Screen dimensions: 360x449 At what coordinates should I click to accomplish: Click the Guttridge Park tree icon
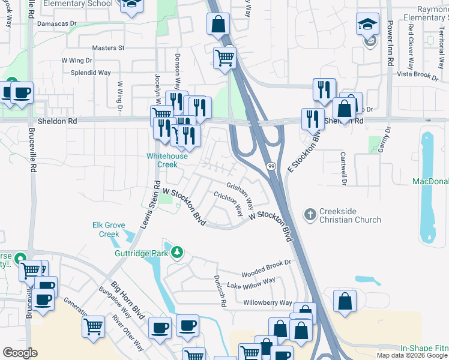pyautogui.click(x=176, y=253)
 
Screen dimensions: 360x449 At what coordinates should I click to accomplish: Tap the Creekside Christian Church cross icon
pyautogui.click(x=310, y=214)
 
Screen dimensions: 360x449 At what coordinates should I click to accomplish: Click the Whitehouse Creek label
pyautogui.click(x=167, y=160)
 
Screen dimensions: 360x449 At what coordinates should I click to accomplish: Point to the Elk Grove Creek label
pyautogui.click(x=109, y=230)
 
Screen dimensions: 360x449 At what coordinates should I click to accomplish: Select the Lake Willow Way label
pyautogui.click(x=251, y=283)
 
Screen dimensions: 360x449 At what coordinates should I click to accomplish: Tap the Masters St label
pyautogui.click(x=108, y=47)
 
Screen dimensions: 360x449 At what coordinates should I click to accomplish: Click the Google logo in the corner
pyautogui.click(x=20, y=353)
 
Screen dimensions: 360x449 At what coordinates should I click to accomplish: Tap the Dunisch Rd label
pyautogui.click(x=218, y=292)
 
